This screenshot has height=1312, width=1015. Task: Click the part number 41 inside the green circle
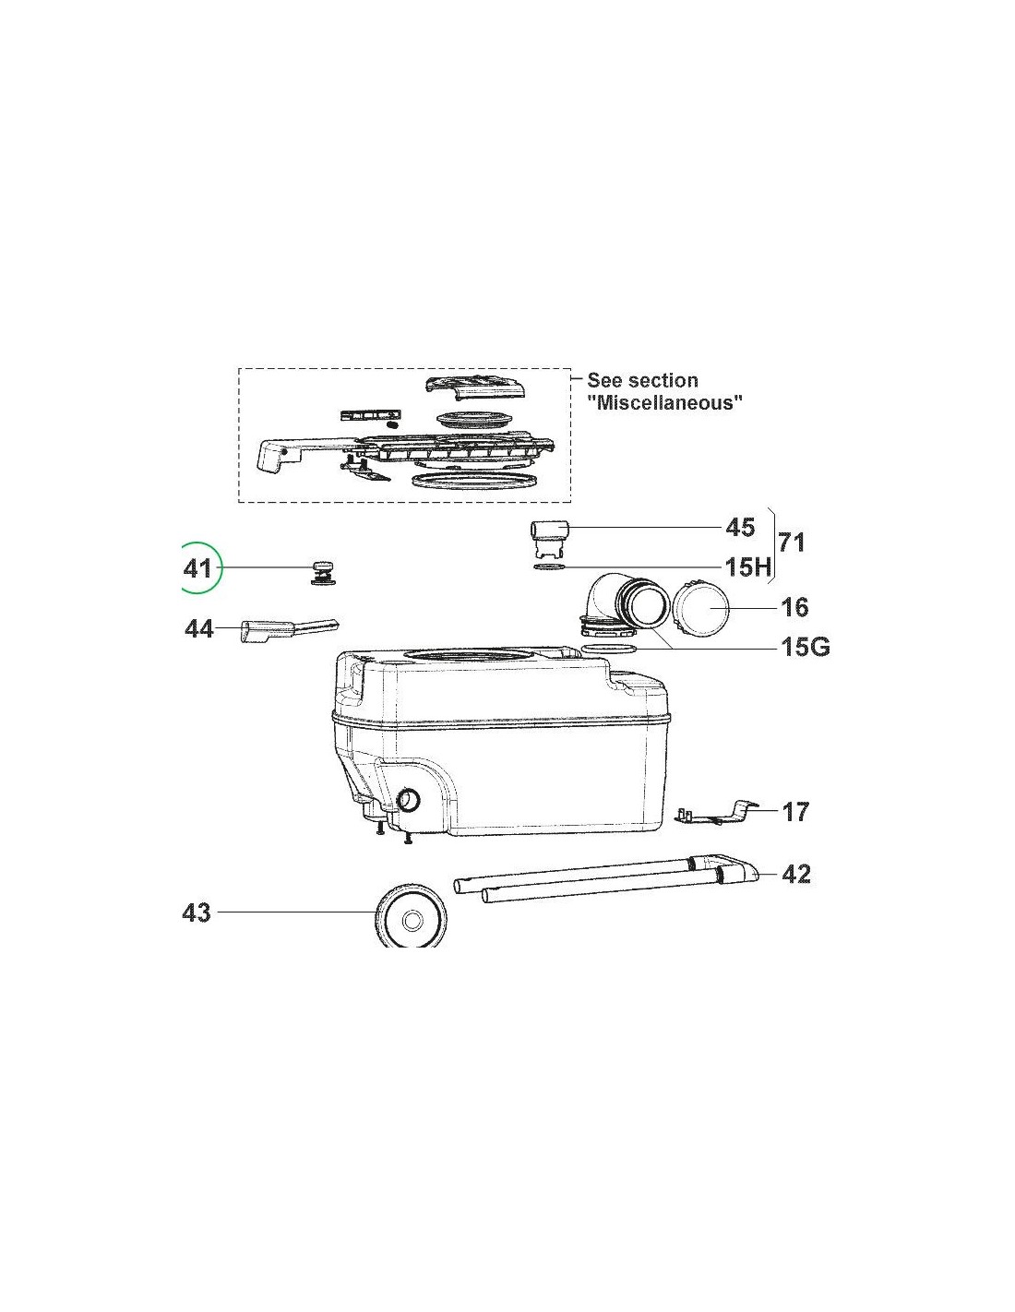197,568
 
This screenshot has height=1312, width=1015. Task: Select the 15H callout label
748,567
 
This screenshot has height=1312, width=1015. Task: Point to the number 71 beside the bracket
791,543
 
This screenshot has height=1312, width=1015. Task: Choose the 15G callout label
806,648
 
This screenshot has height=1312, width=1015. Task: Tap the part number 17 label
794,812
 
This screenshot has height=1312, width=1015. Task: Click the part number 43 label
197,929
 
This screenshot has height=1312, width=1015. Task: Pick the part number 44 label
199,629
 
